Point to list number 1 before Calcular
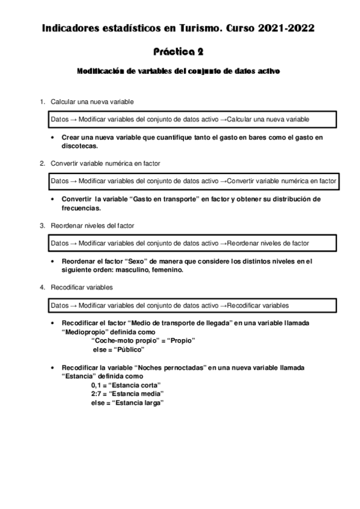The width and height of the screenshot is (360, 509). click(x=42, y=101)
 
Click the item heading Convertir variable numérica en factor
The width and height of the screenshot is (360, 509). click(x=105, y=163)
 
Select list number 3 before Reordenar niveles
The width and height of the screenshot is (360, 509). click(x=42, y=225)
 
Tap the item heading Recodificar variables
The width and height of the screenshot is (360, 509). click(x=82, y=288)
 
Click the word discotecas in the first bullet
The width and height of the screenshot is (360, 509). click(x=79, y=145)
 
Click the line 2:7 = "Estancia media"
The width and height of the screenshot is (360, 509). click(x=127, y=394)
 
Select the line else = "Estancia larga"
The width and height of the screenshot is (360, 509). click(x=127, y=403)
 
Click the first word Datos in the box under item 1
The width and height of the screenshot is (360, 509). click(x=59, y=119)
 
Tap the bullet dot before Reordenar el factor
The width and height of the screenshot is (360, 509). click(x=55, y=261)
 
